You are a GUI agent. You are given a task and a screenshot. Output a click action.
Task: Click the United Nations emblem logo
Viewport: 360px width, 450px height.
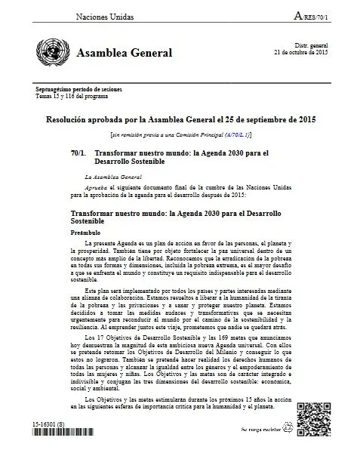point(51,52)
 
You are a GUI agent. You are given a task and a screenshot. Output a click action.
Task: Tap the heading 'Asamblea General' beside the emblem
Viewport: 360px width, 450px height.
point(125,53)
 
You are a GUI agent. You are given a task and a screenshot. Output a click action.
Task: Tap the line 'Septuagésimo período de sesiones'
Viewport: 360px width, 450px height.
point(79,91)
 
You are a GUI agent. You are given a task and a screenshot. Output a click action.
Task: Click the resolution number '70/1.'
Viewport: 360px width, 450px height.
point(78,153)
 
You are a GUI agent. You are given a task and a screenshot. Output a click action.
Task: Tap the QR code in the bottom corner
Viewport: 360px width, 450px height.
point(315,421)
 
